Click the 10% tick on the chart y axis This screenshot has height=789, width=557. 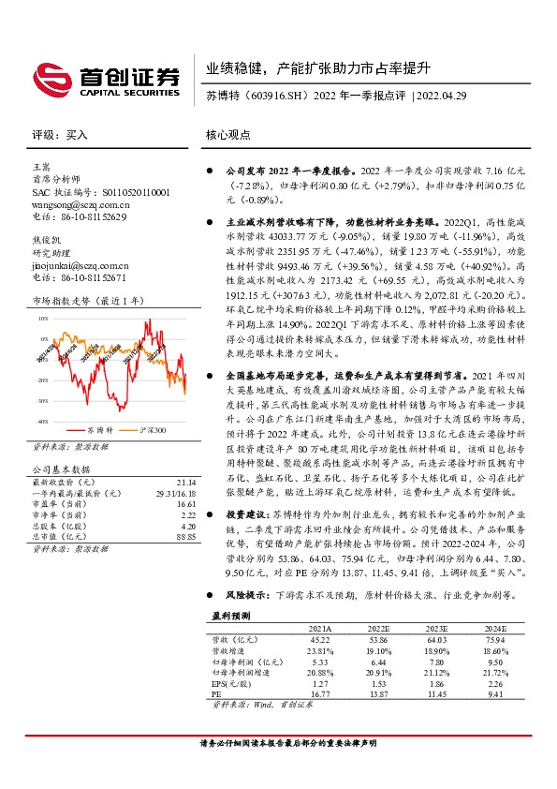[x=43, y=320]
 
